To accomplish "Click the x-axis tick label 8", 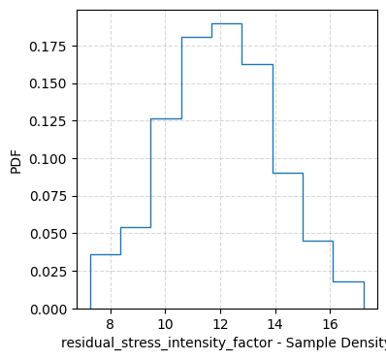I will [x=110, y=324].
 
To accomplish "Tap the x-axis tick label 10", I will [x=165, y=324].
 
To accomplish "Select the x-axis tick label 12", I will [x=220, y=324].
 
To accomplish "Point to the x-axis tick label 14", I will [x=275, y=324].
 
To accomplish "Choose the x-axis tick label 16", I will [x=331, y=324].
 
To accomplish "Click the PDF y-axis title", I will [x=16, y=160].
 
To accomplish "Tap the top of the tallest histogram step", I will [x=227, y=23].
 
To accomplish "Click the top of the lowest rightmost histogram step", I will [x=348, y=281].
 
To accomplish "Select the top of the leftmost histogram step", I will [x=105, y=254].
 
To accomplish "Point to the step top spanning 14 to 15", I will [x=288, y=173].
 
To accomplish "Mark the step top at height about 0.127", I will [x=166, y=118].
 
